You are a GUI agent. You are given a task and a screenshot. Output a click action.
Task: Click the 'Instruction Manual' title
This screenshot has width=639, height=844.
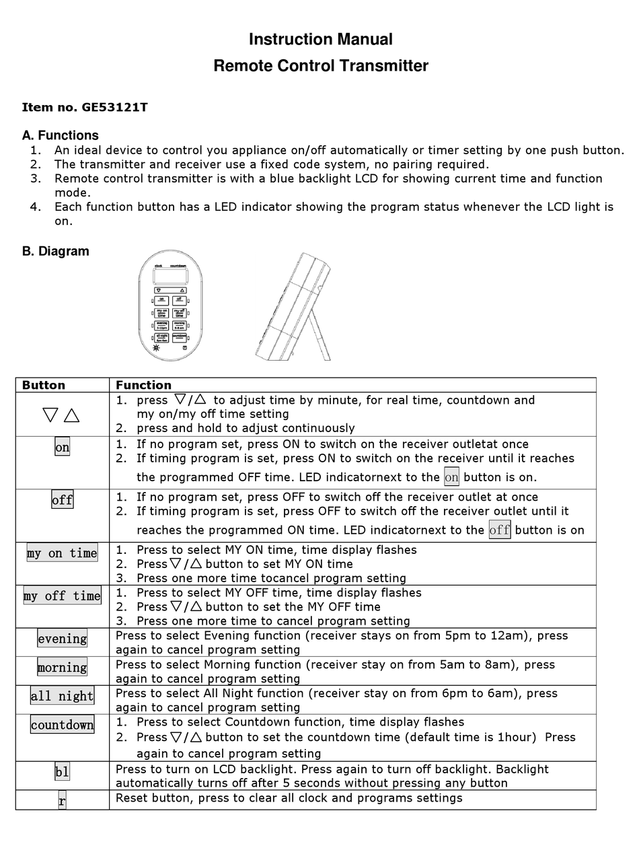pyautogui.click(x=320, y=40)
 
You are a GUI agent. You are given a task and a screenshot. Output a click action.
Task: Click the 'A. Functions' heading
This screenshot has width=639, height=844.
pyautogui.click(x=60, y=135)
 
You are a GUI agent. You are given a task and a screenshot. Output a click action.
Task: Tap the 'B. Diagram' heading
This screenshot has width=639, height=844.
pyautogui.click(x=55, y=251)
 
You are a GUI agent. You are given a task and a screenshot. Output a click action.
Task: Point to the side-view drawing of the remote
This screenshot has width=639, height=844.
pyautogui.click(x=294, y=307)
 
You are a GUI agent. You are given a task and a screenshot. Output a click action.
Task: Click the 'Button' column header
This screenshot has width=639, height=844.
pyautogui.click(x=44, y=385)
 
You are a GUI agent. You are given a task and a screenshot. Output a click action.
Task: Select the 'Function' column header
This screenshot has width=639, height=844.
pyautogui.click(x=143, y=385)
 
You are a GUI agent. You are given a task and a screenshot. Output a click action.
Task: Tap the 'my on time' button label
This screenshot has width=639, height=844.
pyautogui.click(x=62, y=553)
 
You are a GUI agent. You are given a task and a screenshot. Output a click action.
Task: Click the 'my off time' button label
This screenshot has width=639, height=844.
pyautogui.click(x=62, y=596)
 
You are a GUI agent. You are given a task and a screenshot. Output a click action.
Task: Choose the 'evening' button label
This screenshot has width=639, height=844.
pyautogui.click(x=62, y=639)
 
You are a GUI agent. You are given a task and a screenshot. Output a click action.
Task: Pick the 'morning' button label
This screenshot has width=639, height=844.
pyautogui.click(x=62, y=668)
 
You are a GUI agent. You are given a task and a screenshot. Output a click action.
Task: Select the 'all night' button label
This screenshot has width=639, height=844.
pyautogui.click(x=62, y=696)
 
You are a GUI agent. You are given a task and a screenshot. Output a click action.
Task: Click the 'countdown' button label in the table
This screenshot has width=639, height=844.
pyautogui.click(x=62, y=725)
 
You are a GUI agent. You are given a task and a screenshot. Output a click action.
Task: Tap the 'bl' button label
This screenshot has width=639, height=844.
pyautogui.click(x=62, y=772)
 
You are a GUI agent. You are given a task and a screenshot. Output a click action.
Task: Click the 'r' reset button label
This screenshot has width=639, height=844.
pyautogui.click(x=62, y=801)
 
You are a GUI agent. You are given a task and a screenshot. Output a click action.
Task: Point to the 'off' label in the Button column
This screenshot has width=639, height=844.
pyautogui.click(x=62, y=500)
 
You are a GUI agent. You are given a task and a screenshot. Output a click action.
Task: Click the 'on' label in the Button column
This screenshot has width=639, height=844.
pyautogui.click(x=62, y=448)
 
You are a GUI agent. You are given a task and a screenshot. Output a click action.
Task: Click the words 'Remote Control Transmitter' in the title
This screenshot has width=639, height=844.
pyautogui.click(x=320, y=66)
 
